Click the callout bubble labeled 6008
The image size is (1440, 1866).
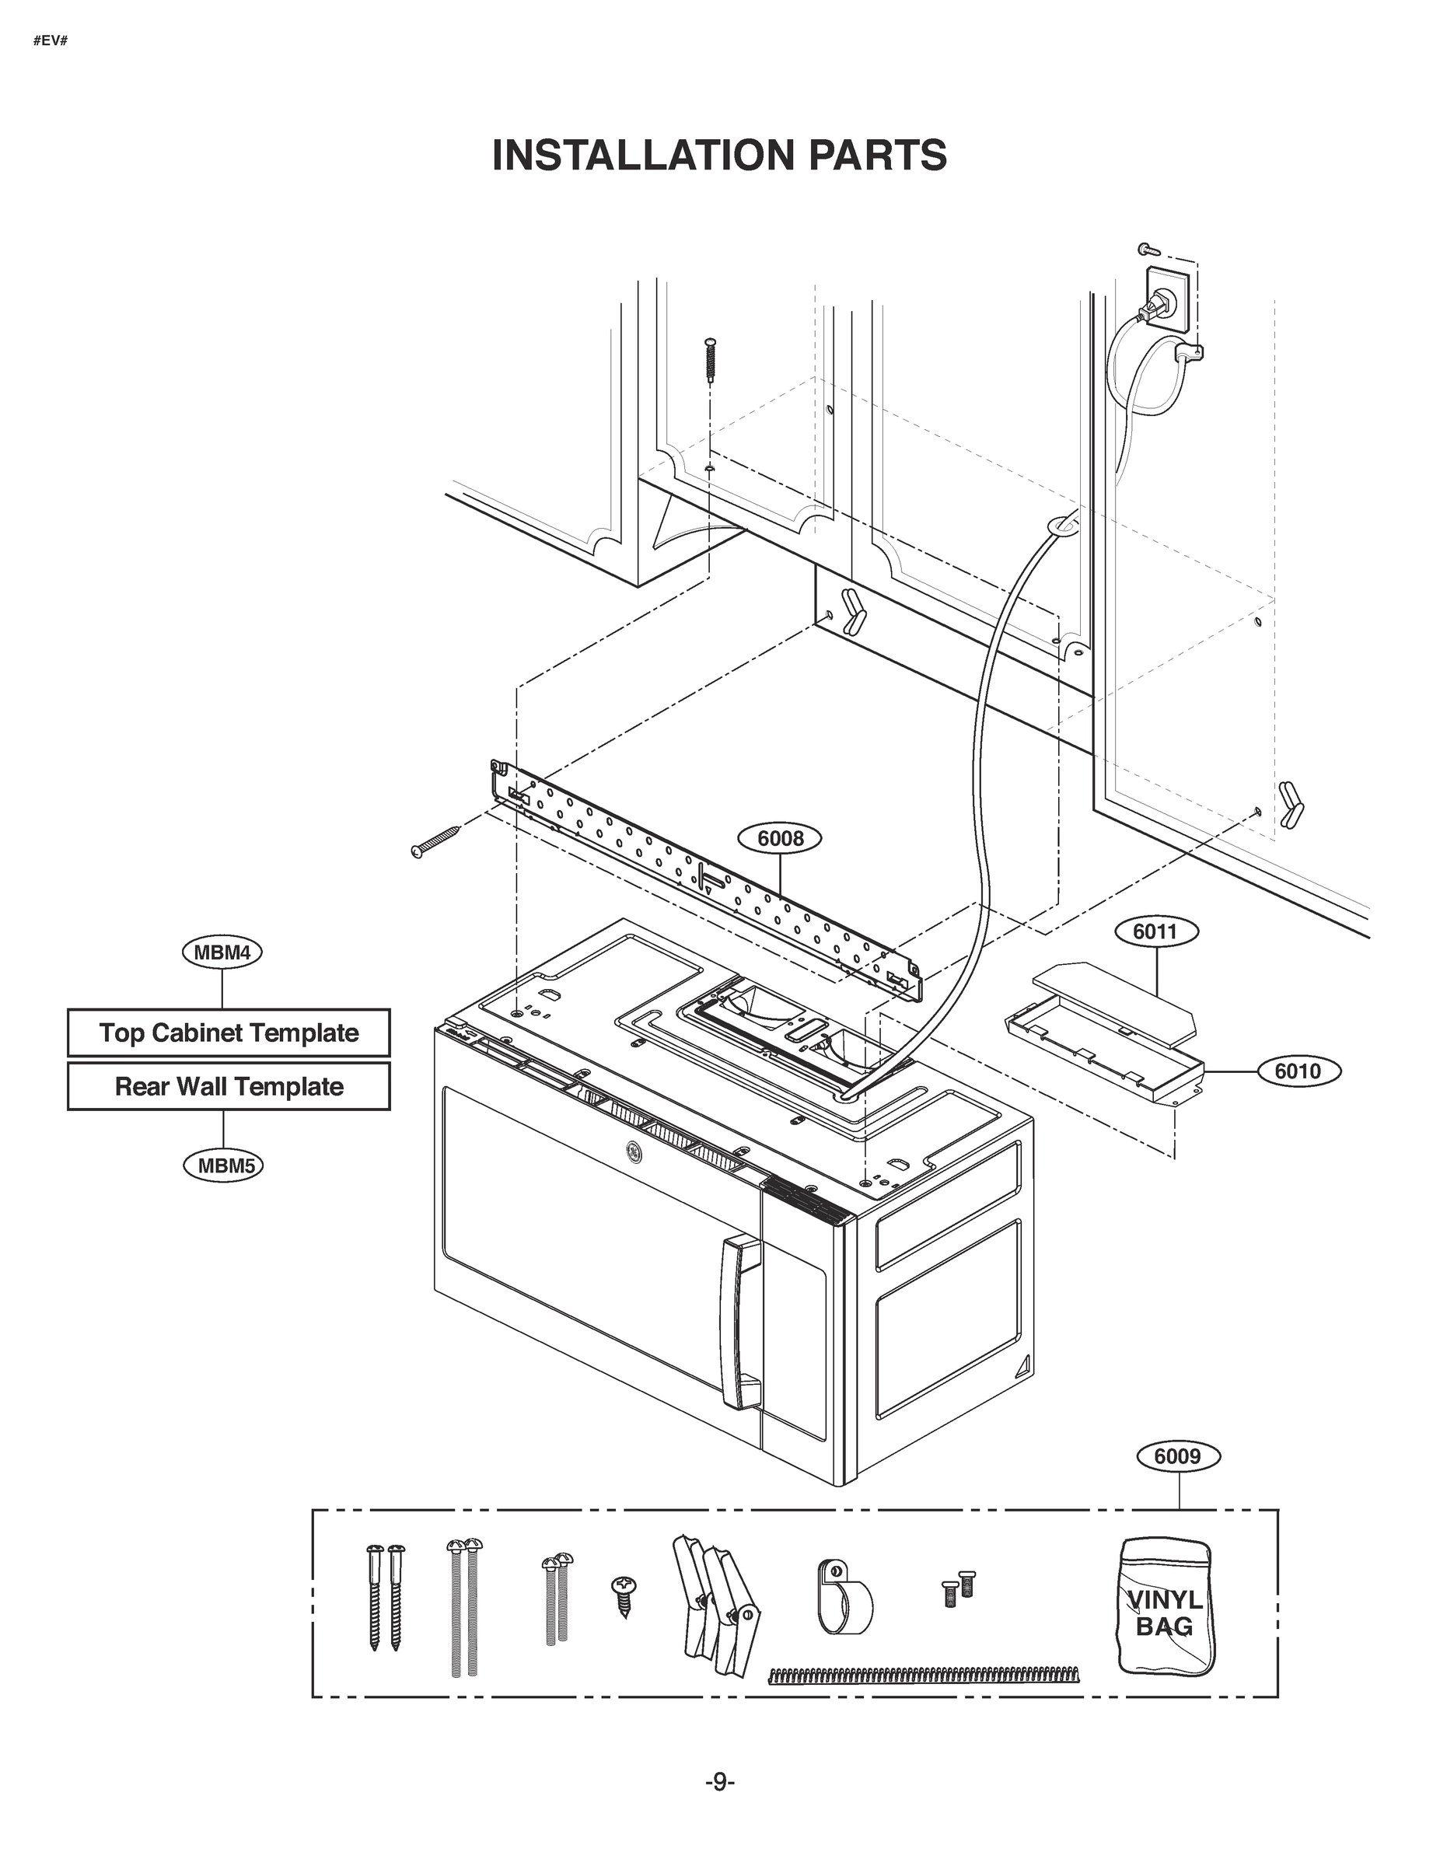780,839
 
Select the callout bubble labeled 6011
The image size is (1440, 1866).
1155,931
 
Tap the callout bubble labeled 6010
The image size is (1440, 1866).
1297,1071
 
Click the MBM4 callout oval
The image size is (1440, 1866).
222,952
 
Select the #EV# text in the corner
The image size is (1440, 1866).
50,40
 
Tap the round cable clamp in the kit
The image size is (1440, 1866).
842,1598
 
